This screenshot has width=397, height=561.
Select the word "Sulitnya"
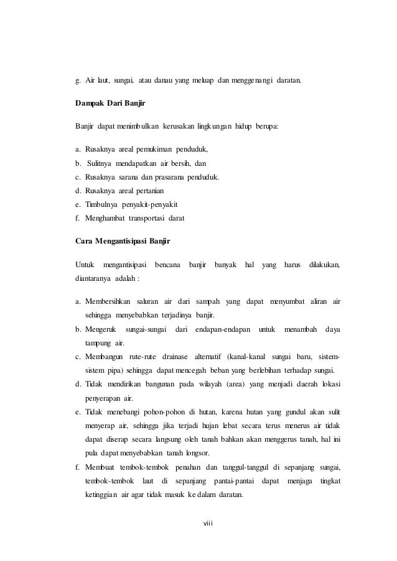(101, 163)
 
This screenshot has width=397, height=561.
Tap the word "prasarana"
(180, 177)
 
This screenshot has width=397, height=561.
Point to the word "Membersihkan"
(108, 302)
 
